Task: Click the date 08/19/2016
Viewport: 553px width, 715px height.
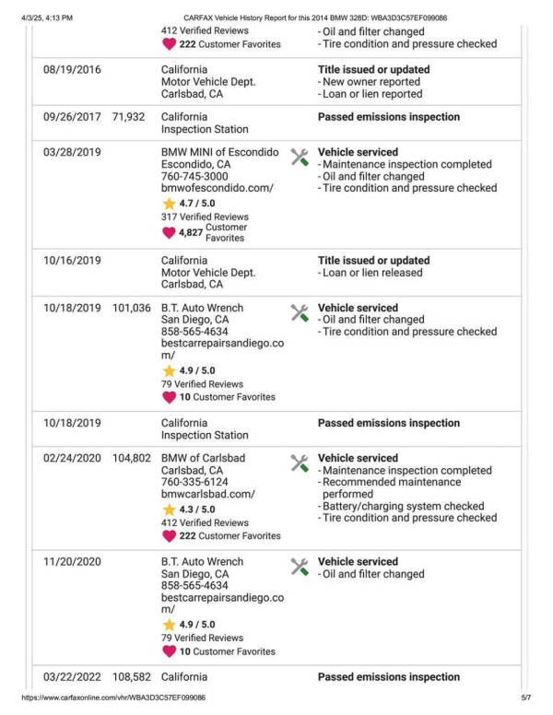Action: click(72, 70)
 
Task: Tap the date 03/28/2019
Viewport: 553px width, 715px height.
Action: click(72, 152)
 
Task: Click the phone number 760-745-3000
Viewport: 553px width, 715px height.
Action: click(194, 176)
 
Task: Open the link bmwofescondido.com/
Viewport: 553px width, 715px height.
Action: click(218, 188)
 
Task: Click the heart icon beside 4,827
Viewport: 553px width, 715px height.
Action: click(169, 232)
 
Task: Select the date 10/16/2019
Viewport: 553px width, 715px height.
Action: click(72, 261)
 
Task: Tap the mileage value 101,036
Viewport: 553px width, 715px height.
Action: click(131, 308)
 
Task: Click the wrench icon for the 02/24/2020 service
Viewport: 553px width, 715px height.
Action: click(299, 463)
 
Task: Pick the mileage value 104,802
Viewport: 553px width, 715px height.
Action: click(131, 458)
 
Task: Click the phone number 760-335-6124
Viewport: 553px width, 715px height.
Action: click(194, 482)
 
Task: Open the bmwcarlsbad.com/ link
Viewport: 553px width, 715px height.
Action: click(207, 494)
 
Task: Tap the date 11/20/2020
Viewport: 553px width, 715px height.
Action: click(72, 562)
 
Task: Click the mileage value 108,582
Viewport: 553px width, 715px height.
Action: click(131, 677)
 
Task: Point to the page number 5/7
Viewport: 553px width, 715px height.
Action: click(525, 698)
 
